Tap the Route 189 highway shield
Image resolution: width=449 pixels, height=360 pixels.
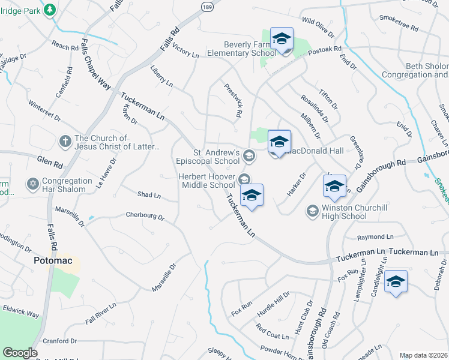(x=206, y=5)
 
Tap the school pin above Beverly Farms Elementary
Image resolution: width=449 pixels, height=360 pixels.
(x=281, y=40)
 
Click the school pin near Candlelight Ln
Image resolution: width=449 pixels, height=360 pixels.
(x=396, y=281)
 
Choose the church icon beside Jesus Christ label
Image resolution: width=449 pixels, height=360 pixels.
(x=65, y=142)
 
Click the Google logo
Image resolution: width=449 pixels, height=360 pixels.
(x=20, y=353)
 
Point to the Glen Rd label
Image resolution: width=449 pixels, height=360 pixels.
(x=50, y=162)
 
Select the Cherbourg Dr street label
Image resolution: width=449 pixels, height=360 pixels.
(x=145, y=215)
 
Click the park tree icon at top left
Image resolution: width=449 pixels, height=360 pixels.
(x=49, y=10)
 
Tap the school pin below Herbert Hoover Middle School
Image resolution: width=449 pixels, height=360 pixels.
(x=252, y=195)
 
